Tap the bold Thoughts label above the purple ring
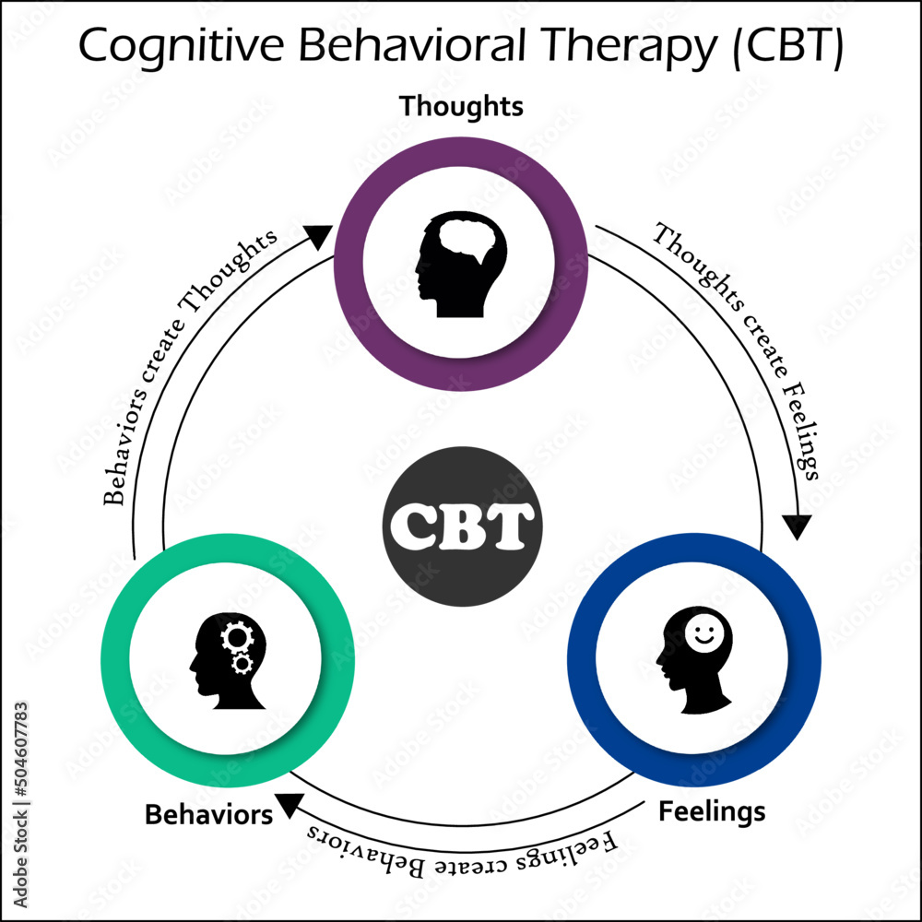[461, 107]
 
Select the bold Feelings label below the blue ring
[711, 811]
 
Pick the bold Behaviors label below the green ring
[208, 815]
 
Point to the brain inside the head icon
[470, 241]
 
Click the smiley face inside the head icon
[705, 634]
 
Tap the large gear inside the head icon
[235, 637]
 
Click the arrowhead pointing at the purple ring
[318, 238]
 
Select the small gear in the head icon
[243, 663]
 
